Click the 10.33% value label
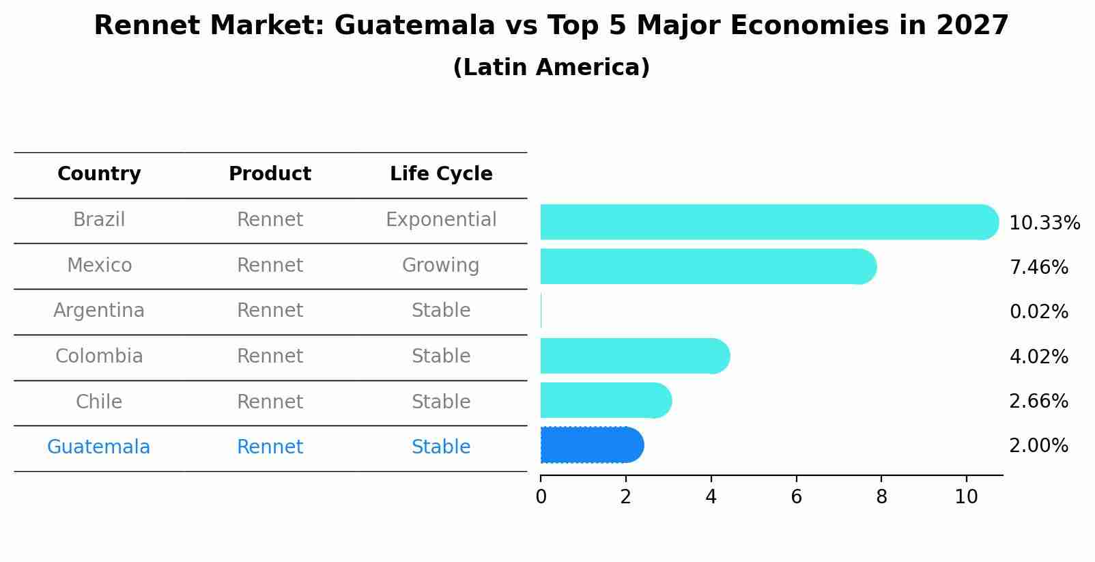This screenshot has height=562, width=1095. (x=1044, y=223)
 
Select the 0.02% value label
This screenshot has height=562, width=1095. (x=1038, y=312)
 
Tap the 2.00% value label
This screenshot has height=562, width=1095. (x=1038, y=446)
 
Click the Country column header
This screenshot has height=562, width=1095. (x=99, y=174)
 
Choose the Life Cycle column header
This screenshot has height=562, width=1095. (x=441, y=174)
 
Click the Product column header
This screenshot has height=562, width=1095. (x=270, y=174)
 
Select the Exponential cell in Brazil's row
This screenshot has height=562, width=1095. (x=441, y=220)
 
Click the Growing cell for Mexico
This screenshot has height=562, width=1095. (x=441, y=265)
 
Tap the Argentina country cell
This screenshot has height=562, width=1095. (x=99, y=311)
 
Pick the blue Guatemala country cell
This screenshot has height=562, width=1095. (x=99, y=447)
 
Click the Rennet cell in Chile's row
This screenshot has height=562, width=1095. (x=270, y=402)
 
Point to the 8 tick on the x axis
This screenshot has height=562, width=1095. (x=881, y=497)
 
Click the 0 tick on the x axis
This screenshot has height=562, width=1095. (x=541, y=497)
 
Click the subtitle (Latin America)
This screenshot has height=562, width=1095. (x=551, y=68)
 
